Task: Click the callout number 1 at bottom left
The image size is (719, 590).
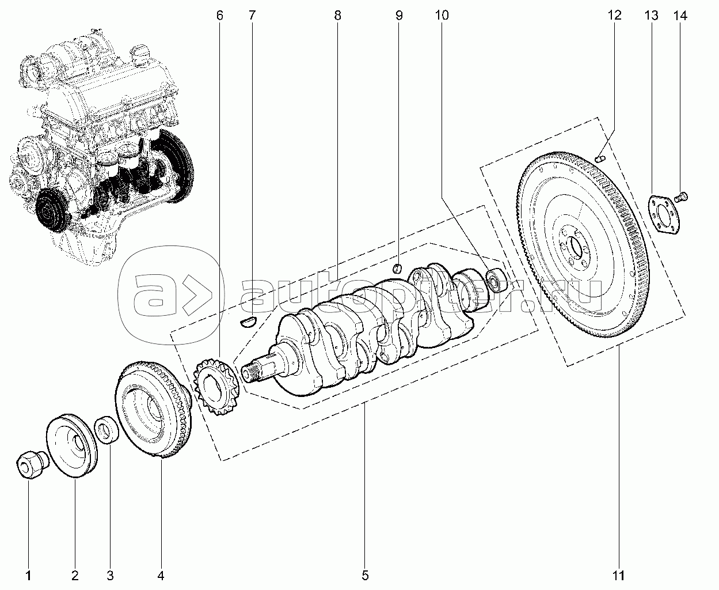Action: pyautogui.click(x=28, y=576)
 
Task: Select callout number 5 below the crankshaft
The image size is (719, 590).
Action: pyautogui.click(x=365, y=576)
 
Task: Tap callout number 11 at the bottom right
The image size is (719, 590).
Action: pyautogui.click(x=618, y=576)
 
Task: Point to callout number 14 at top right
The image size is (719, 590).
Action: pyautogui.click(x=680, y=16)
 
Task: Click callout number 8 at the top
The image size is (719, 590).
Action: pyautogui.click(x=337, y=16)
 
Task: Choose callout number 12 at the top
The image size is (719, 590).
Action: pyautogui.click(x=615, y=16)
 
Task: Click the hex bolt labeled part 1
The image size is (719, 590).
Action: pyautogui.click(x=32, y=464)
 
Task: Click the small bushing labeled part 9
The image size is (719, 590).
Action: pyautogui.click(x=398, y=268)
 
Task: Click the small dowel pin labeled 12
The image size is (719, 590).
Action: pyautogui.click(x=600, y=158)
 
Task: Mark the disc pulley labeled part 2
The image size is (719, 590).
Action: pyautogui.click(x=72, y=445)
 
